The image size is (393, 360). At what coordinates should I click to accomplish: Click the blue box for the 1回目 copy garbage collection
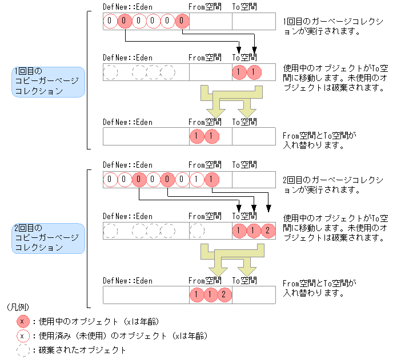click(x=49, y=82)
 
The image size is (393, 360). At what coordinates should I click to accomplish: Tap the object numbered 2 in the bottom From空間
click(x=224, y=295)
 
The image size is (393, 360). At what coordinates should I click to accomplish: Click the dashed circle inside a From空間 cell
click(x=196, y=231)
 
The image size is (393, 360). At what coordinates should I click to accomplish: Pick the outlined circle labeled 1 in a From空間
click(x=196, y=180)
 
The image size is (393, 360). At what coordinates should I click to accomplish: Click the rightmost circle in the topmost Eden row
click(x=182, y=22)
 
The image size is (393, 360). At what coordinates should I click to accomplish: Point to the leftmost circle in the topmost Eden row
click(x=110, y=22)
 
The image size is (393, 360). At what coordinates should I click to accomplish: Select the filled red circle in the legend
click(x=23, y=321)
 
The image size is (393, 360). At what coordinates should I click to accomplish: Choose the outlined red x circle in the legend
click(x=23, y=335)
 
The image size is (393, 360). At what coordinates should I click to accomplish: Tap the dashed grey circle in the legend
click(x=23, y=350)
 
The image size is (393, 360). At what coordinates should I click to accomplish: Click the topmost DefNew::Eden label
click(x=127, y=7)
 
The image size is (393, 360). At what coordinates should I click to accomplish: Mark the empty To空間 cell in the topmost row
click(x=254, y=22)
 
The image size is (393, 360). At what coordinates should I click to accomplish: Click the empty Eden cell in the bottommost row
click(x=146, y=295)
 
